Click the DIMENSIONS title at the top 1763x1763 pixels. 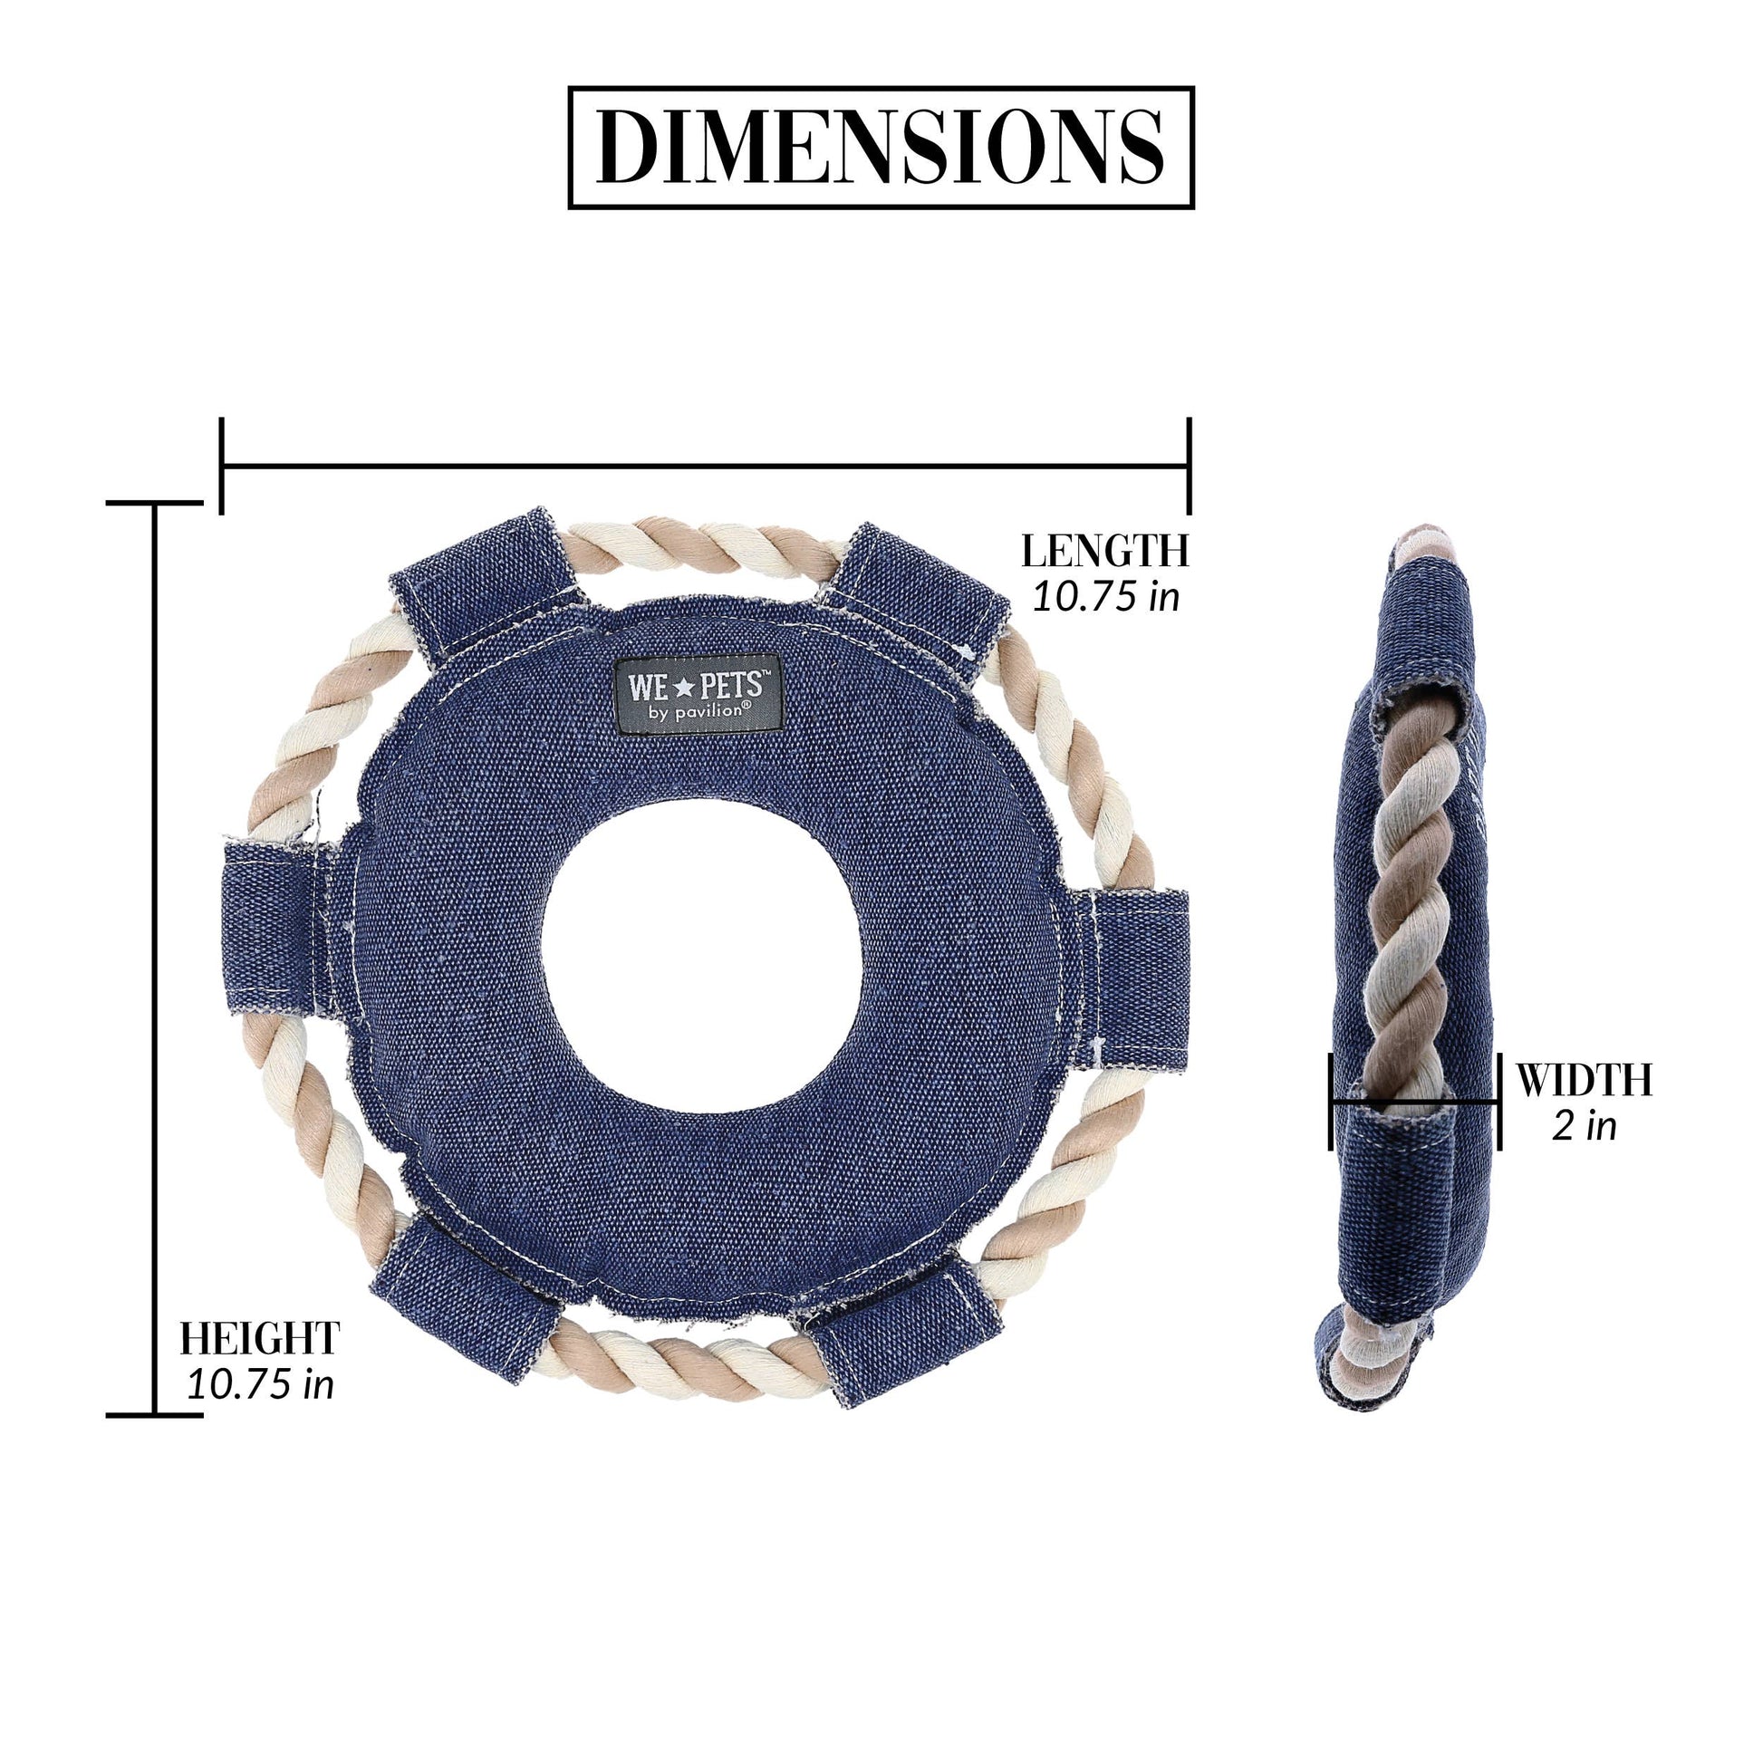(881, 148)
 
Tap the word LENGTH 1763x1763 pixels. (1104, 551)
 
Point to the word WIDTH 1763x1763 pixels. (1585, 1081)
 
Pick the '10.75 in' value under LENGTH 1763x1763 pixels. (1106, 597)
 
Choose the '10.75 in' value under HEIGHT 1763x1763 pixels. (260, 1385)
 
